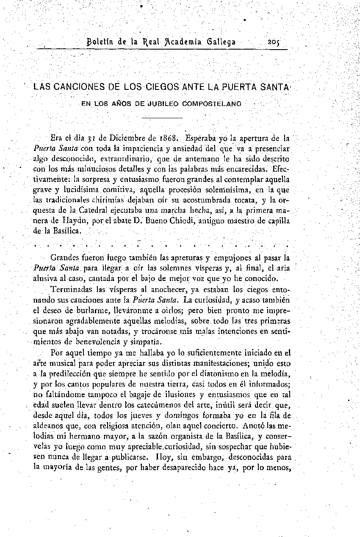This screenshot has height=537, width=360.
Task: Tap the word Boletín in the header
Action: [100, 42]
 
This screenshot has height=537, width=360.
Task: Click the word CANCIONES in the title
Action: [77, 87]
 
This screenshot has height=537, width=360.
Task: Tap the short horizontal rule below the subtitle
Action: [165, 117]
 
